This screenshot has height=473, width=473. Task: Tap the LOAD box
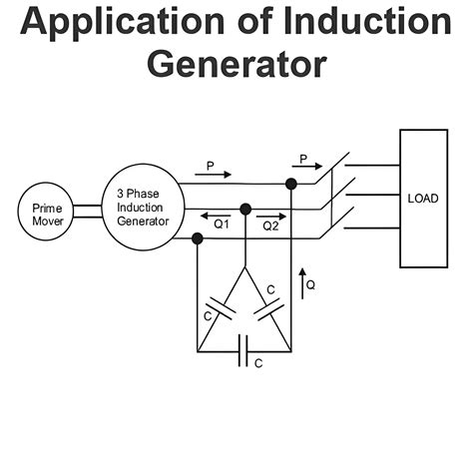[x=423, y=199]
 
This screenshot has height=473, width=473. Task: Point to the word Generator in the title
[x=236, y=63]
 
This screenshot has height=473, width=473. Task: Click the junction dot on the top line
[x=291, y=185]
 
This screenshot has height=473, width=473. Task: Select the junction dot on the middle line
[x=243, y=211]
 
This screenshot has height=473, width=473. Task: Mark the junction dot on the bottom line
[x=196, y=237]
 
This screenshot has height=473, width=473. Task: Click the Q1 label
[x=222, y=227]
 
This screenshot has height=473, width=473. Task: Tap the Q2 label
[x=270, y=227]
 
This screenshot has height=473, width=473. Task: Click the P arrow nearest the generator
[x=212, y=174]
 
